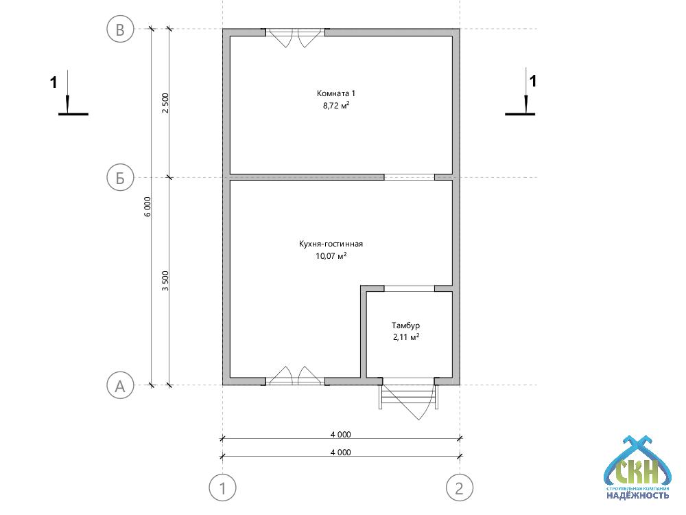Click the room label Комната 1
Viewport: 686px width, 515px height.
[x=336, y=93]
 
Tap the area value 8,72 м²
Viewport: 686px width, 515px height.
[x=336, y=106]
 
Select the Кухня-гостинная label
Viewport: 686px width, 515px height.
[x=331, y=244]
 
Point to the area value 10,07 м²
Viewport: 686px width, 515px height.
[x=331, y=255]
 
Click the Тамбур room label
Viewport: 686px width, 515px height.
[x=405, y=325]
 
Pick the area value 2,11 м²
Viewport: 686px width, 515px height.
[x=406, y=337]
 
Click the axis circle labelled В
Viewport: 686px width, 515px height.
[x=120, y=30]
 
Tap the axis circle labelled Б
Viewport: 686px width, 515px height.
[x=120, y=178]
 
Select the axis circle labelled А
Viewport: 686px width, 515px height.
[x=120, y=386]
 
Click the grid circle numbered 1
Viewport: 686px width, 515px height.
[x=223, y=488]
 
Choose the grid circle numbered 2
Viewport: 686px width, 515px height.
[x=460, y=488]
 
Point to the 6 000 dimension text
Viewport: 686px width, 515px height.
[x=148, y=207]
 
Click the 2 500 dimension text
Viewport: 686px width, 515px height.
[x=165, y=103]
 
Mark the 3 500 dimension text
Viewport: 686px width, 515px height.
[x=165, y=281]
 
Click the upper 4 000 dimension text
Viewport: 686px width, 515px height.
[x=340, y=435]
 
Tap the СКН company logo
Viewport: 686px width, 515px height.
[x=637, y=468]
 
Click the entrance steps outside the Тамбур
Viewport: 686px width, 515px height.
[x=409, y=396]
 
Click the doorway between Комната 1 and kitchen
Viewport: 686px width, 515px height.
[x=409, y=177]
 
